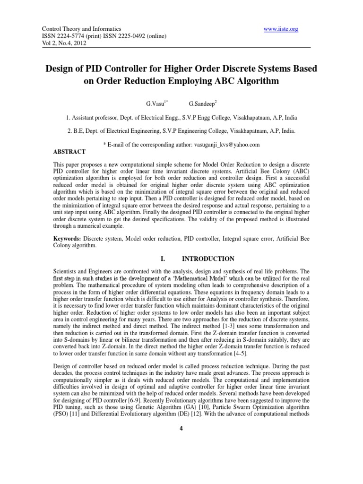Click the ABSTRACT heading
click(x=69, y=152)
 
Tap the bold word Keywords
click(x=68, y=239)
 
